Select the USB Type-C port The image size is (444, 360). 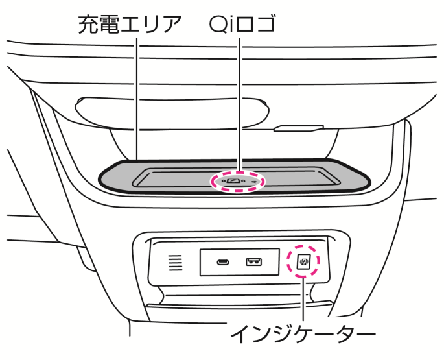223,263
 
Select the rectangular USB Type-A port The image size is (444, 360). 253,263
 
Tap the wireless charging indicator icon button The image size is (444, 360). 304,261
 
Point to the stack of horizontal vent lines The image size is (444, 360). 176,263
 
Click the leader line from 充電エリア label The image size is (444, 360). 137,97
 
